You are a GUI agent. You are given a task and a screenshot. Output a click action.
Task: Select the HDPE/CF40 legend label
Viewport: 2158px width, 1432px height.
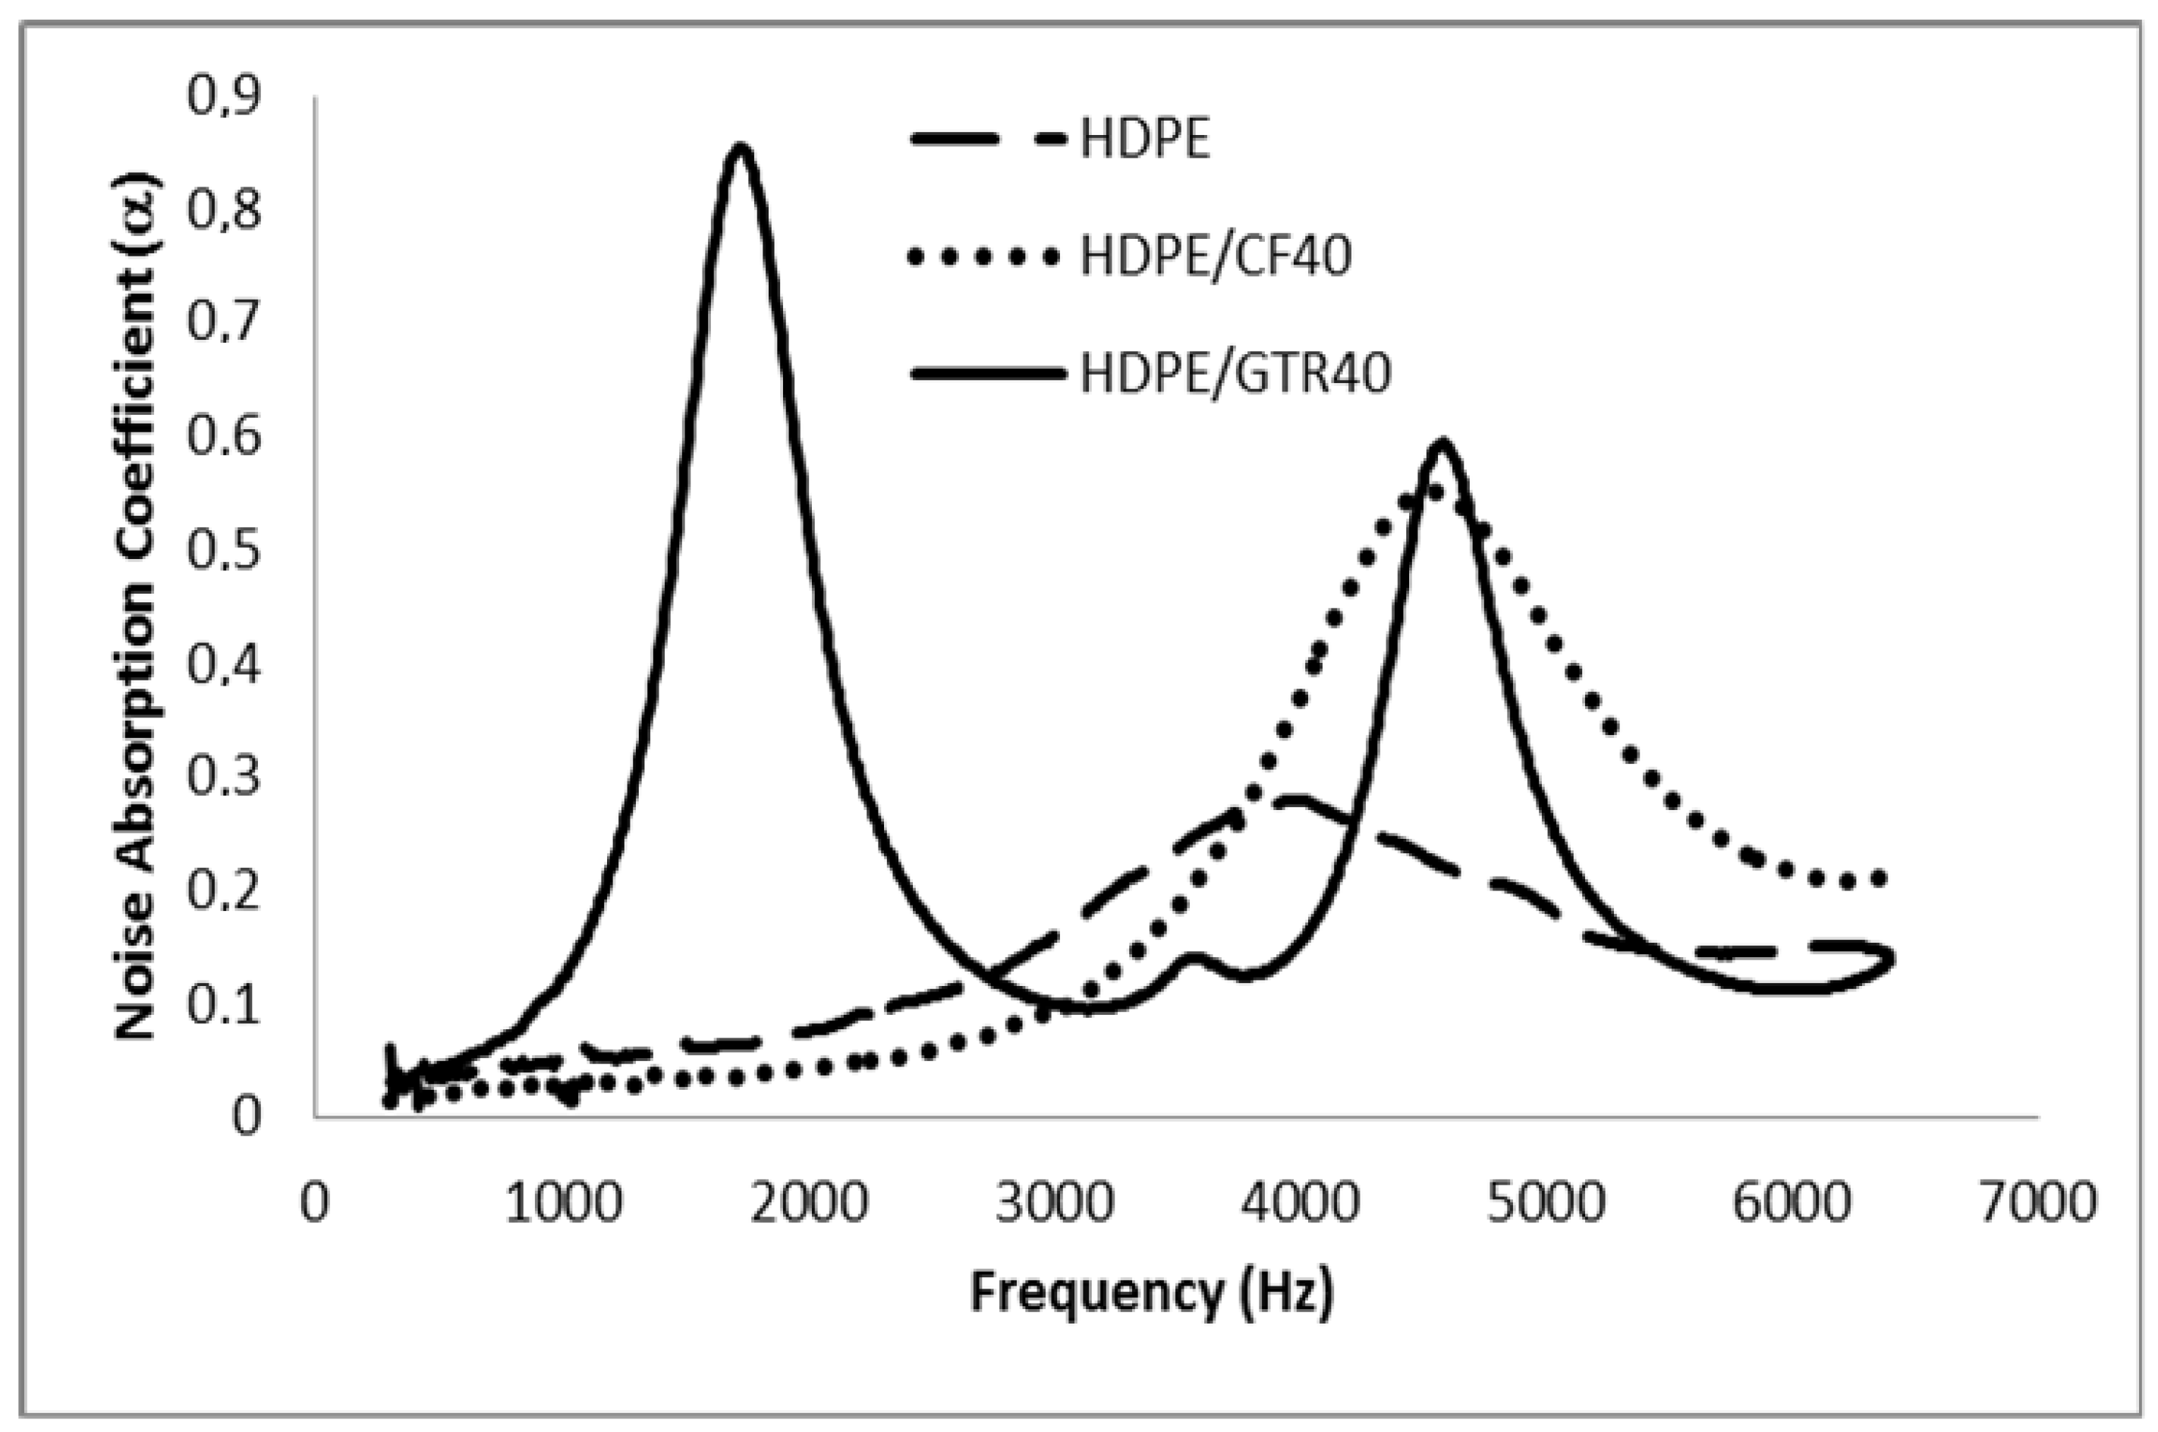point(1215,258)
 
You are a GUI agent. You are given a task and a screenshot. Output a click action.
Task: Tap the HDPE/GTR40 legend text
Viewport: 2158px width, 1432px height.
point(1235,375)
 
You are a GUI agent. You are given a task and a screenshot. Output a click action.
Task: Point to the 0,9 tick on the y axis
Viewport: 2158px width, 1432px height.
point(224,96)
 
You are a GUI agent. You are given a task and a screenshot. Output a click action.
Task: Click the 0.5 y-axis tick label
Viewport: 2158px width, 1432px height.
point(224,551)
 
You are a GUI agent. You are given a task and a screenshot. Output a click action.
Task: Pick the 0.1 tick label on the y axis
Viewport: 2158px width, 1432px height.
point(224,1004)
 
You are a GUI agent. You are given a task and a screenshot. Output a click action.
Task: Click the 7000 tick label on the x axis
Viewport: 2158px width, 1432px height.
point(2037,1204)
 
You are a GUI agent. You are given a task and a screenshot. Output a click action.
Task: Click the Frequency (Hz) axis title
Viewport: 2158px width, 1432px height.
point(1151,1293)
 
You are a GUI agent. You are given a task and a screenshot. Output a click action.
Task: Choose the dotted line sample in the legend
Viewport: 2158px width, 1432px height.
point(985,259)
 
